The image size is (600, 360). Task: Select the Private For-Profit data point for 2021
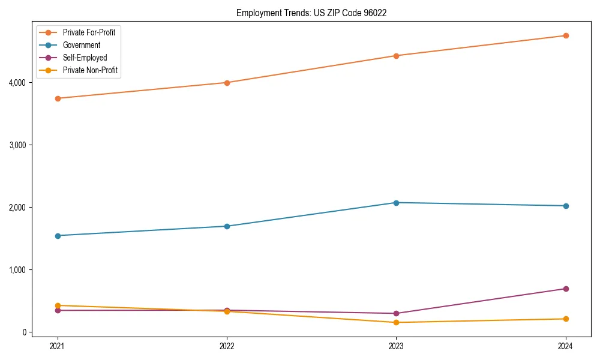[x=58, y=98]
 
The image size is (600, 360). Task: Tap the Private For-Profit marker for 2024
[x=566, y=35]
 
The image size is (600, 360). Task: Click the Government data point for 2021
[x=58, y=236]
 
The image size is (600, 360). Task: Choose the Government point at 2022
[x=227, y=226]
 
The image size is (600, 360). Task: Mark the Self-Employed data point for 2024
[x=566, y=289]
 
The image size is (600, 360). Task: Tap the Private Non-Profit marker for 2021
[x=58, y=305]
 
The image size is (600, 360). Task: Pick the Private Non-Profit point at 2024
[x=566, y=319]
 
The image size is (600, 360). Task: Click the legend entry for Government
[x=81, y=45]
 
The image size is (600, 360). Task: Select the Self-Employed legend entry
[x=85, y=58]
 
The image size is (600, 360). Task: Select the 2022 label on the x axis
[x=227, y=346]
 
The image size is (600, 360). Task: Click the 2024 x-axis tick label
[x=566, y=346]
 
